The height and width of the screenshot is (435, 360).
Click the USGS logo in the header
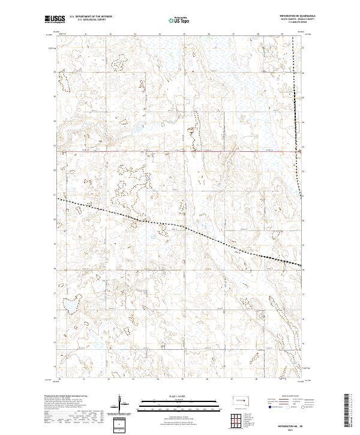(x=55, y=20)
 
